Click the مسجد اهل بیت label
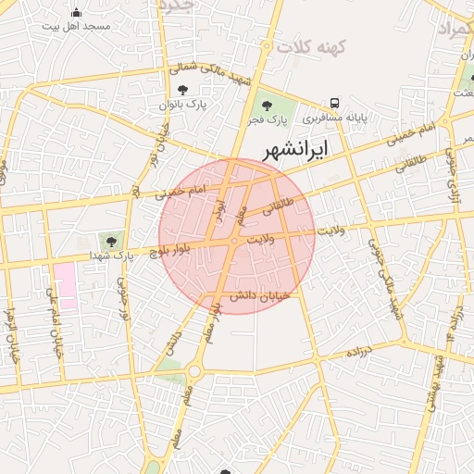coord(76,27)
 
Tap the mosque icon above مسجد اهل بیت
coord(76,13)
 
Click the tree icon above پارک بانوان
coord(182,91)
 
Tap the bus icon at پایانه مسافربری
coord(333,104)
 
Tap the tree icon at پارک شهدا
coord(112,242)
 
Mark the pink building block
coord(65,284)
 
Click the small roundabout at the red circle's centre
coord(236,241)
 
